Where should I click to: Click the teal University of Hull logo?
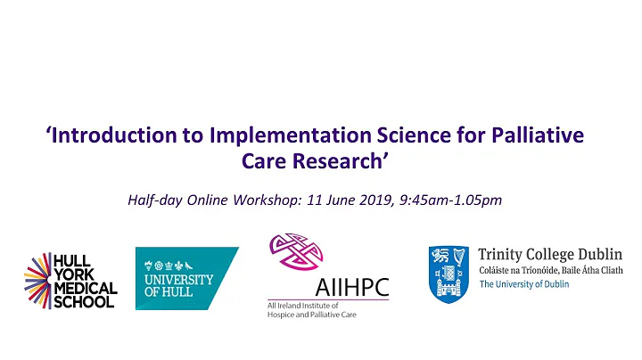pyautogui.click(x=186, y=278)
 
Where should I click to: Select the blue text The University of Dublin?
pyautogui.click(x=527, y=285)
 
